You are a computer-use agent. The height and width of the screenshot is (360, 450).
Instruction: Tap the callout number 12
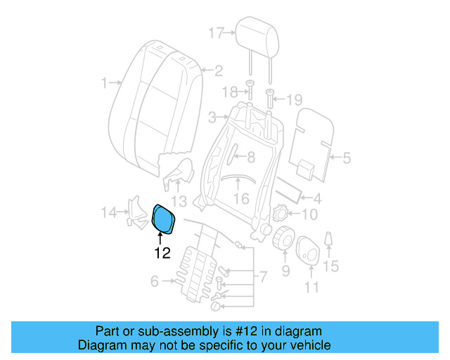point(162,253)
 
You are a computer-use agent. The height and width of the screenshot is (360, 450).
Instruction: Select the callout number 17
point(216,32)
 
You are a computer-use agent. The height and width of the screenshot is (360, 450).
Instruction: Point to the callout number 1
point(104,83)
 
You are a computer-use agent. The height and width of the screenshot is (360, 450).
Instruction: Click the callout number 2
point(218,70)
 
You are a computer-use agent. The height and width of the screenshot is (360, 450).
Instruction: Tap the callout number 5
point(346,159)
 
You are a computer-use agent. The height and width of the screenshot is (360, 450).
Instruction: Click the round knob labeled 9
point(284,238)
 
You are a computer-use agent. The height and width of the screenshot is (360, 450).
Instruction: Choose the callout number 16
point(241,199)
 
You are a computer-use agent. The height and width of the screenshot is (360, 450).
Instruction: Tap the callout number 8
point(250,157)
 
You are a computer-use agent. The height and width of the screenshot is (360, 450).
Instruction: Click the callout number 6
point(155,282)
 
